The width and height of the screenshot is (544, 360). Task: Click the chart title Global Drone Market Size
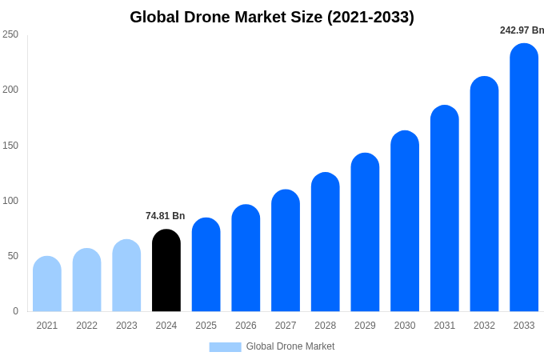(272, 17)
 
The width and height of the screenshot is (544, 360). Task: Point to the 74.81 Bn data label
(165, 216)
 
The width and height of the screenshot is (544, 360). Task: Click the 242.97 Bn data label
(522, 30)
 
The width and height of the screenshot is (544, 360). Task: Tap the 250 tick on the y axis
(10, 34)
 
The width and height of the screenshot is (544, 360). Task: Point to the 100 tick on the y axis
(10, 201)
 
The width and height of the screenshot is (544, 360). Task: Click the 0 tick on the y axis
(15, 311)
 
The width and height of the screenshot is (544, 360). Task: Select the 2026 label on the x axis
(246, 326)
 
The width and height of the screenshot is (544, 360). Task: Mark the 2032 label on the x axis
(484, 326)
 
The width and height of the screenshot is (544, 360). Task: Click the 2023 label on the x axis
(126, 326)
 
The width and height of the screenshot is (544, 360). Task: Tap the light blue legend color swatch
(225, 346)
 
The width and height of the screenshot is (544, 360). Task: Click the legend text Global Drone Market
(290, 346)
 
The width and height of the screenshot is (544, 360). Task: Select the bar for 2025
(206, 265)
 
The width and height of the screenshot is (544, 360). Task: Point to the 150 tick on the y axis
(10, 146)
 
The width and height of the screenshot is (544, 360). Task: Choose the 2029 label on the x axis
(365, 326)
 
